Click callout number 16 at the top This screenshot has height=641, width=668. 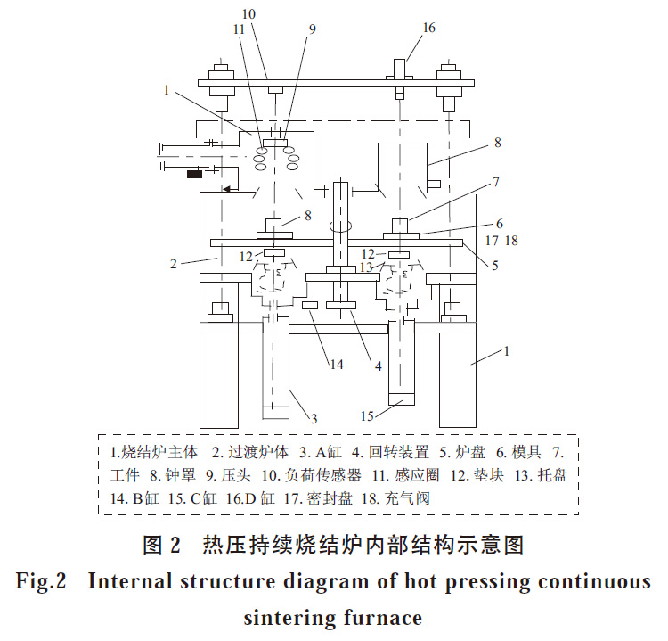pyautogui.click(x=429, y=28)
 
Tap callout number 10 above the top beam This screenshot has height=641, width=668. pyautogui.click(x=248, y=14)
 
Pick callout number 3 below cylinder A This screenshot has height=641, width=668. pyautogui.click(x=314, y=417)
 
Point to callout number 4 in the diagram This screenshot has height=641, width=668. pyautogui.click(x=378, y=366)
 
